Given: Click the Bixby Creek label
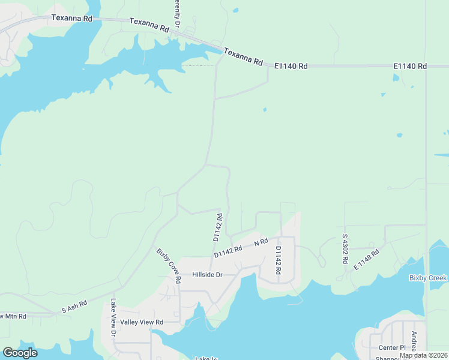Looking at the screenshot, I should (x=428, y=278).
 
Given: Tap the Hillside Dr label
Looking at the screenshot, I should (x=207, y=275).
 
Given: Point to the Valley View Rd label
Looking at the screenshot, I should (x=142, y=322).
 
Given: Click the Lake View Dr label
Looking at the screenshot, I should (x=112, y=317).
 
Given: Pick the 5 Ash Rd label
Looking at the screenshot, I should (x=74, y=307).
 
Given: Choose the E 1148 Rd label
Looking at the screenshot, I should (x=367, y=259).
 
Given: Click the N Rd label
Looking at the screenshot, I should (x=260, y=242).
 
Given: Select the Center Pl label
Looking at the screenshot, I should (x=392, y=348).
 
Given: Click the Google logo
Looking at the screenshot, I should (x=20, y=353).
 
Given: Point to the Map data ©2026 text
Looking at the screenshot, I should (x=423, y=355).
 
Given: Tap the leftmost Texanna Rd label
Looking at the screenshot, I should (x=72, y=18).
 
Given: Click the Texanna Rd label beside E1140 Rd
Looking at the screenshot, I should (x=244, y=57).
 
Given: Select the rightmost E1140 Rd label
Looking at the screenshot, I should (x=410, y=66).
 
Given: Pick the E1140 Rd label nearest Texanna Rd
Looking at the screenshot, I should (x=291, y=66).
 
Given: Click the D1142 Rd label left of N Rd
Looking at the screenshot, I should (x=228, y=251).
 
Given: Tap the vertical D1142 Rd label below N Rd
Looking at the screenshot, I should (x=279, y=260).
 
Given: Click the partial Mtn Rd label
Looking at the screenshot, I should (x=13, y=316).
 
